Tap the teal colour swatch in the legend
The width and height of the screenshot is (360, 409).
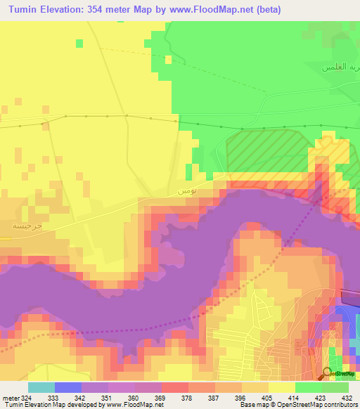[41, 387]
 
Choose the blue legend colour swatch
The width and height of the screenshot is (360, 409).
[68, 387]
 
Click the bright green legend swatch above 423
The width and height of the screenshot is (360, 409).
[309, 387]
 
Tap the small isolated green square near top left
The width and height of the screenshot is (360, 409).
[79, 44]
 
